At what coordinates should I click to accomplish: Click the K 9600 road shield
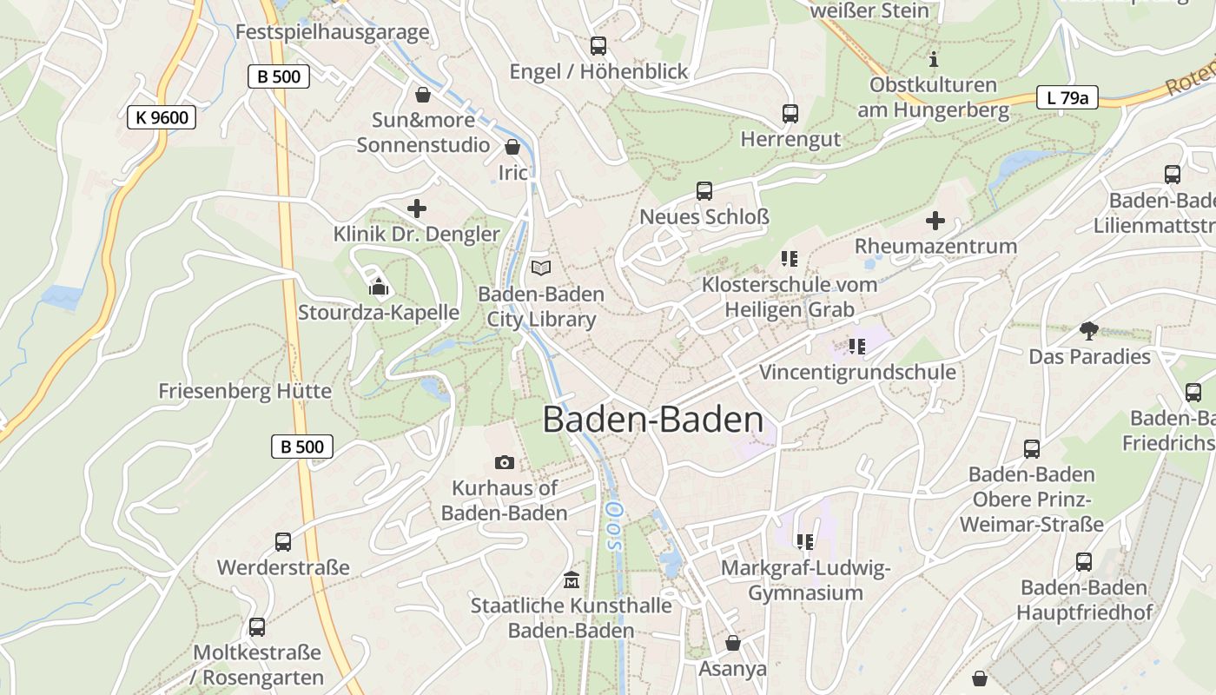coord(162,117)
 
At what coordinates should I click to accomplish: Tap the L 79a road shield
coord(1067,97)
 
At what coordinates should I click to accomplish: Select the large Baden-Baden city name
coord(653,420)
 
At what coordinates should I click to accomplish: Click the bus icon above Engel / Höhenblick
coord(598,46)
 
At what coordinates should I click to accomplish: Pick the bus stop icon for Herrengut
coord(790,114)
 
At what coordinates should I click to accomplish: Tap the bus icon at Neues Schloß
coord(704,191)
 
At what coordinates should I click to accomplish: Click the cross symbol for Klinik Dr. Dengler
coord(417,208)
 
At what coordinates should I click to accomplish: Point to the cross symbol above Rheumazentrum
coord(935,221)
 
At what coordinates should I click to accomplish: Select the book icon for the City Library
coord(541,268)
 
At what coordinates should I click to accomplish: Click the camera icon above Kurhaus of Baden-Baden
coord(505,462)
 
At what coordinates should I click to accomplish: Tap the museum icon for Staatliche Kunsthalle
coord(572,579)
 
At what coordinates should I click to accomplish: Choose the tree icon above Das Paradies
coord(1088,330)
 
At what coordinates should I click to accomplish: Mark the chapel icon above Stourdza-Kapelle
coord(379,286)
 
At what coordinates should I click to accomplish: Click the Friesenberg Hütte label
coord(245,391)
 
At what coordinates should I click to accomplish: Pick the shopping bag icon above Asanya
coord(733,643)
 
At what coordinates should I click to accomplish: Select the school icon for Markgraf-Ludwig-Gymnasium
coord(805,542)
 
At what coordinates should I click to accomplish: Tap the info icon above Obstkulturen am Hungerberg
coord(934,59)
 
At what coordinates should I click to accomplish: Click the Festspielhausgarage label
coord(333,32)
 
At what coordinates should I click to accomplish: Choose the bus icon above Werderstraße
coord(283,542)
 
